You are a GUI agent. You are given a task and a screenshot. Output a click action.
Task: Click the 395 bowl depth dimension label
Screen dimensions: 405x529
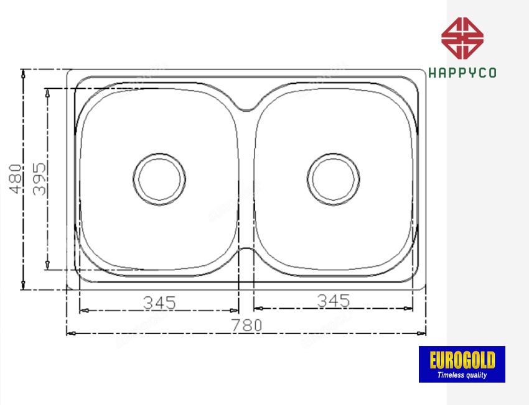pyautogui.click(x=39, y=179)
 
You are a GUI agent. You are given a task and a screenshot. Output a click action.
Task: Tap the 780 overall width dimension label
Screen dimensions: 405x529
pyautogui.click(x=246, y=325)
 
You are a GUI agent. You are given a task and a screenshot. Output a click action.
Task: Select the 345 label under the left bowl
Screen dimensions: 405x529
pyautogui.click(x=160, y=303)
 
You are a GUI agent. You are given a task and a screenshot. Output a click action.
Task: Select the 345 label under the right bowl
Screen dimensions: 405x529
pyautogui.click(x=334, y=301)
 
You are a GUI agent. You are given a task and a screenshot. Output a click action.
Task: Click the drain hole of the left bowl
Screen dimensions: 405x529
pyautogui.click(x=159, y=178)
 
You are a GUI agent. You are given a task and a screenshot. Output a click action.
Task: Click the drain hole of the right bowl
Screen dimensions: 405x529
pyautogui.click(x=334, y=178)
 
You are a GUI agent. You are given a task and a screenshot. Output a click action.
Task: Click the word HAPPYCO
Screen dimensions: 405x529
pyautogui.click(x=462, y=73)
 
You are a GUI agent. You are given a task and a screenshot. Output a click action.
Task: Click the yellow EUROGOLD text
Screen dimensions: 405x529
pyautogui.click(x=462, y=361)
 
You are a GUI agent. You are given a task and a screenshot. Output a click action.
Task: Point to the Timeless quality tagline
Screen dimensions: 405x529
pyautogui.click(x=462, y=375)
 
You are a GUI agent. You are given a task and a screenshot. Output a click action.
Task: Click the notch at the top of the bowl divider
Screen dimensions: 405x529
pyautogui.click(x=246, y=107)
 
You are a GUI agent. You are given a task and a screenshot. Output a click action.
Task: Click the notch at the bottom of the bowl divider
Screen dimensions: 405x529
pyautogui.click(x=246, y=252)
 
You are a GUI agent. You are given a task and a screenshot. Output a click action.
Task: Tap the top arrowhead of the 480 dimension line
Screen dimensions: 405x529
pyautogui.click(x=23, y=73)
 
